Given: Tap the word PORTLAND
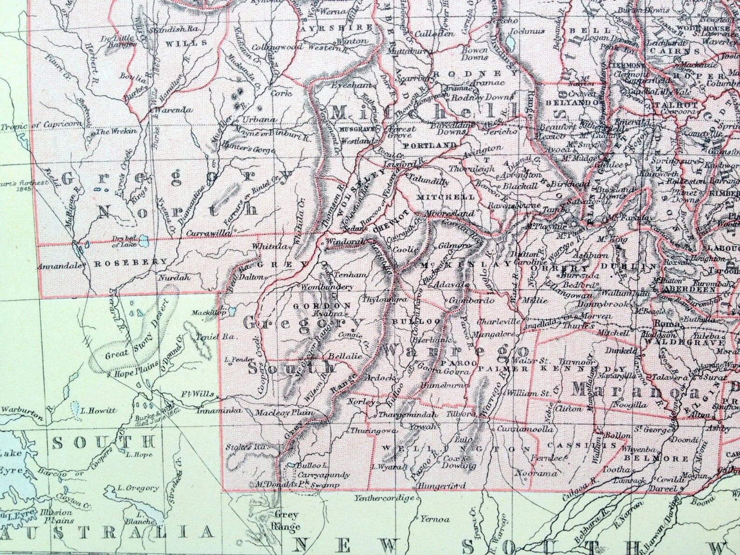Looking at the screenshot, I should click(x=429, y=145).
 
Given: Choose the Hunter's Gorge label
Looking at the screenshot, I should click(x=248, y=150).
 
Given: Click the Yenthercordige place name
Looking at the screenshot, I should click(x=384, y=498).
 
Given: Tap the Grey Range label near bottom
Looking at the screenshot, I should click(x=286, y=520).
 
